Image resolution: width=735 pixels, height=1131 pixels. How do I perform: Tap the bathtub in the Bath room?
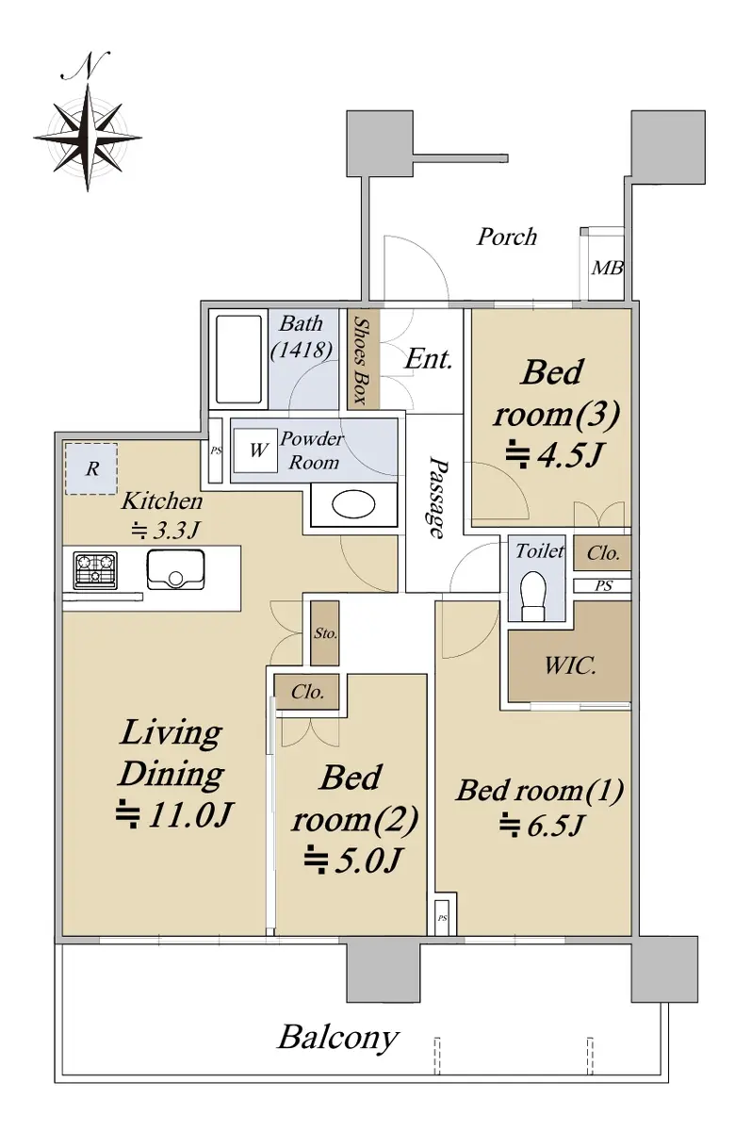(x=238, y=359)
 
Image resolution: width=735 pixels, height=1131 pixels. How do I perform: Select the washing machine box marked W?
(x=255, y=451)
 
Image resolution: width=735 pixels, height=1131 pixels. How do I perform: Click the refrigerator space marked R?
(x=91, y=469)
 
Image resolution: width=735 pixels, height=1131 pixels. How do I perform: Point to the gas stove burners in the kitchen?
(x=95, y=570)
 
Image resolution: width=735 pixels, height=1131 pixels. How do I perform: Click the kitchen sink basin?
(x=175, y=569)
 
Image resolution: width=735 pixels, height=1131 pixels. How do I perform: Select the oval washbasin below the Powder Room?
(x=353, y=505)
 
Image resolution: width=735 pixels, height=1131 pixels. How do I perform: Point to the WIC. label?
(x=570, y=666)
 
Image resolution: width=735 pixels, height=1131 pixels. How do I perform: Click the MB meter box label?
(x=607, y=268)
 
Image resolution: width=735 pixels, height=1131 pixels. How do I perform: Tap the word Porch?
(x=506, y=237)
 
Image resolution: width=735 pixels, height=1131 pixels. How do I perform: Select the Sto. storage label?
(x=324, y=632)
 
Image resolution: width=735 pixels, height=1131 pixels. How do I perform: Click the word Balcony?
(x=338, y=1039)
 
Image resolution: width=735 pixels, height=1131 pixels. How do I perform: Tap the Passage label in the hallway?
(x=437, y=498)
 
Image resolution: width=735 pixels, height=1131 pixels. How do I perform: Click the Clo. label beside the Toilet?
(x=603, y=553)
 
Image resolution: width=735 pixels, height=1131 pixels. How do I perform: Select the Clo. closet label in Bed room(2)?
(x=307, y=692)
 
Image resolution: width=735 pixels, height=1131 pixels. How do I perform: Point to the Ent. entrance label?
(x=428, y=359)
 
